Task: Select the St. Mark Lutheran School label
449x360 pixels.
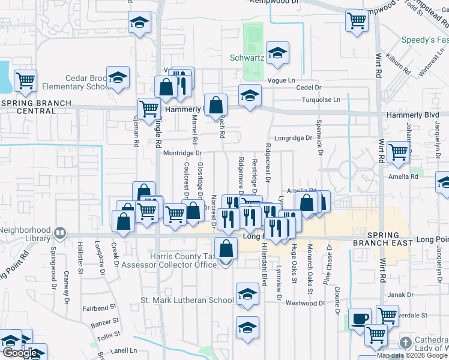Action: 187,300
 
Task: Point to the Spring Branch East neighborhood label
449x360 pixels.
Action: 382,238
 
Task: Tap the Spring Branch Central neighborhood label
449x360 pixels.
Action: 28,107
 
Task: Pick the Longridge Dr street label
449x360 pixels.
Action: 292,138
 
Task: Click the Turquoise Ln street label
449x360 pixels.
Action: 321,100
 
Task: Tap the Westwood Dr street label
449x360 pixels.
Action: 306,303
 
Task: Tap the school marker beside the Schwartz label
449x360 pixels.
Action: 277,53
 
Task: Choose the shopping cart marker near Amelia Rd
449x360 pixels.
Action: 398,152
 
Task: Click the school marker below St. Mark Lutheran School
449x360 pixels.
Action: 247,328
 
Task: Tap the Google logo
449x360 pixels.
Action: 20,353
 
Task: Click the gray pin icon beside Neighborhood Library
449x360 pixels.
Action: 60,232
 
